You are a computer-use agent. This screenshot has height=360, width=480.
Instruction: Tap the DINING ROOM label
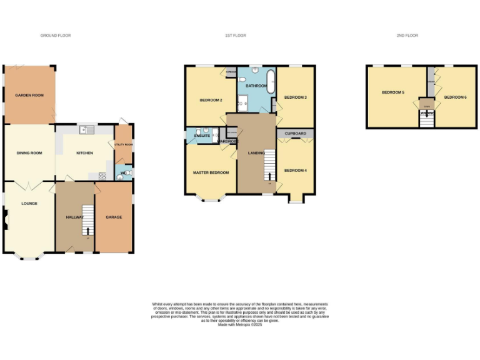(x=29, y=152)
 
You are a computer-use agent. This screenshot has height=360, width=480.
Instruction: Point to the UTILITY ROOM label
(x=124, y=144)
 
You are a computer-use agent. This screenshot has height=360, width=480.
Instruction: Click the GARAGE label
(x=114, y=217)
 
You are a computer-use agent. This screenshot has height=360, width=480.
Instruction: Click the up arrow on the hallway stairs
(x=87, y=232)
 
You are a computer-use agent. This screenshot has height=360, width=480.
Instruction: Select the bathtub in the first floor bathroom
(x=270, y=82)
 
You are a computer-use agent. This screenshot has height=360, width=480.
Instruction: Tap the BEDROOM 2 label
(x=211, y=100)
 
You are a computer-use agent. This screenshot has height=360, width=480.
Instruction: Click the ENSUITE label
(x=201, y=136)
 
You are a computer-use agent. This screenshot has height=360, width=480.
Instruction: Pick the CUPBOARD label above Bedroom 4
(x=295, y=134)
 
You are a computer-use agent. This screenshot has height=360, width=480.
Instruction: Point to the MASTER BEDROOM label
(x=211, y=172)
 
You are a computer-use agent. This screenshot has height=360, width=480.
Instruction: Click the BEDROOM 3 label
(x=295, y=97)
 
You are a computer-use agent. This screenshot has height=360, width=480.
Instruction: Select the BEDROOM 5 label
(x=393, y=92)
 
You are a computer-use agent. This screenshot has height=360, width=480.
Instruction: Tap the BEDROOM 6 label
(x=455, y=97)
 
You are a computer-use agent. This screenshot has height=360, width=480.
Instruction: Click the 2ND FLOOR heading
(x=407, y=36)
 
